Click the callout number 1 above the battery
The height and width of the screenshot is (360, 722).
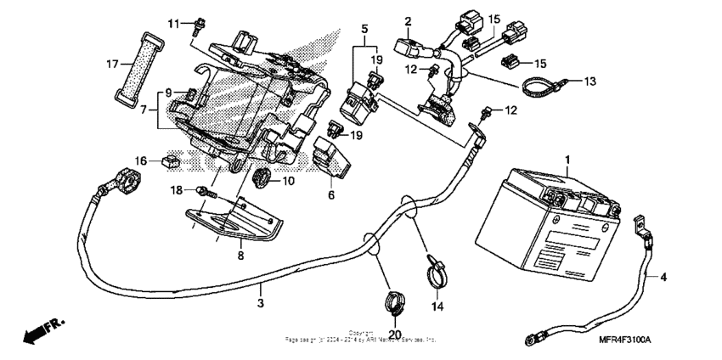[567, 159]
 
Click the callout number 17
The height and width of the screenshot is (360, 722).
[110, 64]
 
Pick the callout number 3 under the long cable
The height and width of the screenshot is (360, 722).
[261, 302]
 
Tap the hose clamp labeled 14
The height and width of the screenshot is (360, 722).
[434, 269]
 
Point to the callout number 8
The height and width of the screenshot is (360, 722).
[240, 253]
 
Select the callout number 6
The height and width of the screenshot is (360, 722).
[331, 195]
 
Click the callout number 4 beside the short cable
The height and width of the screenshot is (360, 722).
[664, 277]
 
